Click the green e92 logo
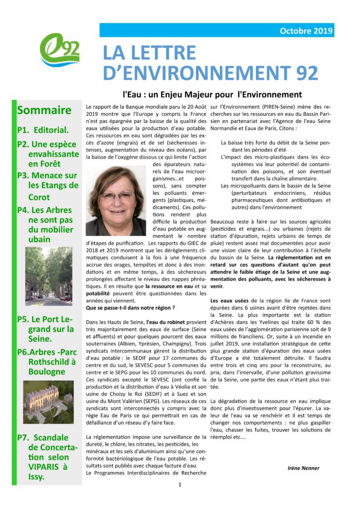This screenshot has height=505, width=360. pyautogui.click(x=59, y=50)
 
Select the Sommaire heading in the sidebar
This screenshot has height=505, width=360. pyautogui.click(x=44, y=110)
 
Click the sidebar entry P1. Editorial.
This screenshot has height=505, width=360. pyautogui.click(x=42, y=130)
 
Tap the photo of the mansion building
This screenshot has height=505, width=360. pyautogui.click(x=48, y=401)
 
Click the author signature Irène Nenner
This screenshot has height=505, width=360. pyautogui.click(x=303, y=468)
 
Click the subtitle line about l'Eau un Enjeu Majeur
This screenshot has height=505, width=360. pyautogui.click(x=212, y=94)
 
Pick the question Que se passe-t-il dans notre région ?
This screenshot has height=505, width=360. pyautogui.click(x=130, y=307)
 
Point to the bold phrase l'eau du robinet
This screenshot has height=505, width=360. pyautogui.click(x=167, y=322)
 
